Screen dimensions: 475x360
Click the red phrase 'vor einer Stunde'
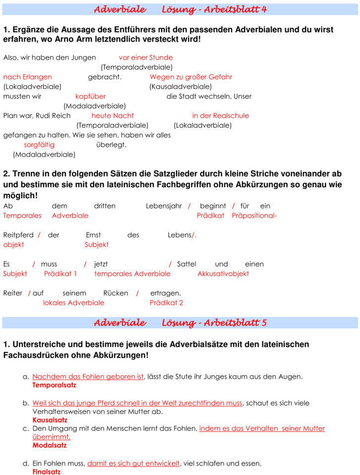pyautogui.click(x=145, y=57)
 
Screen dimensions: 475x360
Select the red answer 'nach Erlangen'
pyautogui.click(x=27, y=77)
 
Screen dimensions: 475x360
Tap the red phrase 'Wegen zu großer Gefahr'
pyautogui.click(x=191, y=77)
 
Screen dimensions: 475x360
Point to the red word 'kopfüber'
pyautogui.click(x=90, y=96)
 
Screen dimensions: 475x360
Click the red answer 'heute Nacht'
pyautogui.click(x=113, y=115)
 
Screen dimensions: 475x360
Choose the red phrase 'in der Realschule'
pyautogui.click(x=221, y=115)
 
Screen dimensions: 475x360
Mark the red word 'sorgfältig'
pyautogui.click(x=39, y=144)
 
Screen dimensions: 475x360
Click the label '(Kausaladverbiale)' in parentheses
pyautogui.click(x=180, y=87)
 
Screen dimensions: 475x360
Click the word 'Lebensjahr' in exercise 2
pyautogui.click(x=164, y=206)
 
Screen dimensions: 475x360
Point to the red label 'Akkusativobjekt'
pyautogui.click(x=223, y=274)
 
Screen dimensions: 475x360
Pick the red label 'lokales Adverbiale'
pyautogui.click(x=74, y=302)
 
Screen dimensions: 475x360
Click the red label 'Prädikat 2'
pyautogui.click(x=166, y=302)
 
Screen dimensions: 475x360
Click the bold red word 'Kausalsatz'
pyautogui.click(x=49, y=420)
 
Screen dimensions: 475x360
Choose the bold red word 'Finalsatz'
pyautogui.click(x=46, y=472)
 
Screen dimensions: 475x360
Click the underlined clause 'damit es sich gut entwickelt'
pyautogui.click(x=134, y=464)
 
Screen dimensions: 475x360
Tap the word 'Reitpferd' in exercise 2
pyautogui.click(x=18, y=235)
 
